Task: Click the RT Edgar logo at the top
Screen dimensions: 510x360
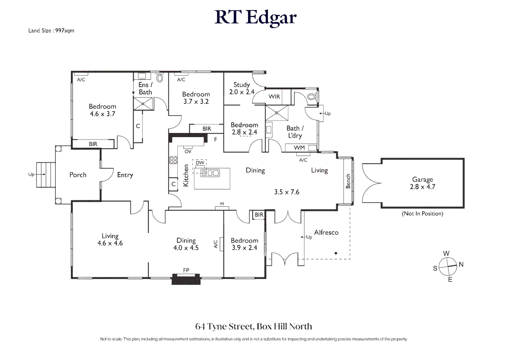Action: click(x=255, y=17)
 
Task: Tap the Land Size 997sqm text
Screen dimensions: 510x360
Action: click(x=51, y=31)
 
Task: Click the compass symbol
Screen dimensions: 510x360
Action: click(x=448, y=266)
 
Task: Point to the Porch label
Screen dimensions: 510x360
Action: click(x=78, y=175)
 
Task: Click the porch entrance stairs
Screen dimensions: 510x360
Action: click(x=45, y=174)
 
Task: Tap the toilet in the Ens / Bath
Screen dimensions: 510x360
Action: click(x=160, y=78)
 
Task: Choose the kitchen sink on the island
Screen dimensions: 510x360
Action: click(x=210, y=173)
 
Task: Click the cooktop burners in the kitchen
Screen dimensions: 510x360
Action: click(x=173, y=160)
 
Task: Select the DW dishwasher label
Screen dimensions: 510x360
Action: click(x=200, y=163)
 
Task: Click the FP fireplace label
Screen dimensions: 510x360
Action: click(x=186, y=270)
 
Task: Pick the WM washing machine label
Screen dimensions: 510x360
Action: click(x=299, y=148)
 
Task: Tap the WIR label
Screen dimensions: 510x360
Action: click(x=274, y=97)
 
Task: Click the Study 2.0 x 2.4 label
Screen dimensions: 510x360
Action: click(x=241, y=88)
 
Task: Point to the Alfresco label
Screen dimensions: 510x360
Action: click(x=326, y=232)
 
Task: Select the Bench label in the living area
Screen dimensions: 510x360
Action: click(x=348, y=181)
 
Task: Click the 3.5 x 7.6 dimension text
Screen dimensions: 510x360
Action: click(x=287, y=192)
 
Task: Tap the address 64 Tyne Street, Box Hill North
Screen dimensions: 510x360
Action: click(x=253, y=326)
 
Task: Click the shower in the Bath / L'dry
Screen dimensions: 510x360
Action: click(x=277, y=113)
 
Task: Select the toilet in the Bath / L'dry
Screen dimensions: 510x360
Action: click(x=311, y=97)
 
